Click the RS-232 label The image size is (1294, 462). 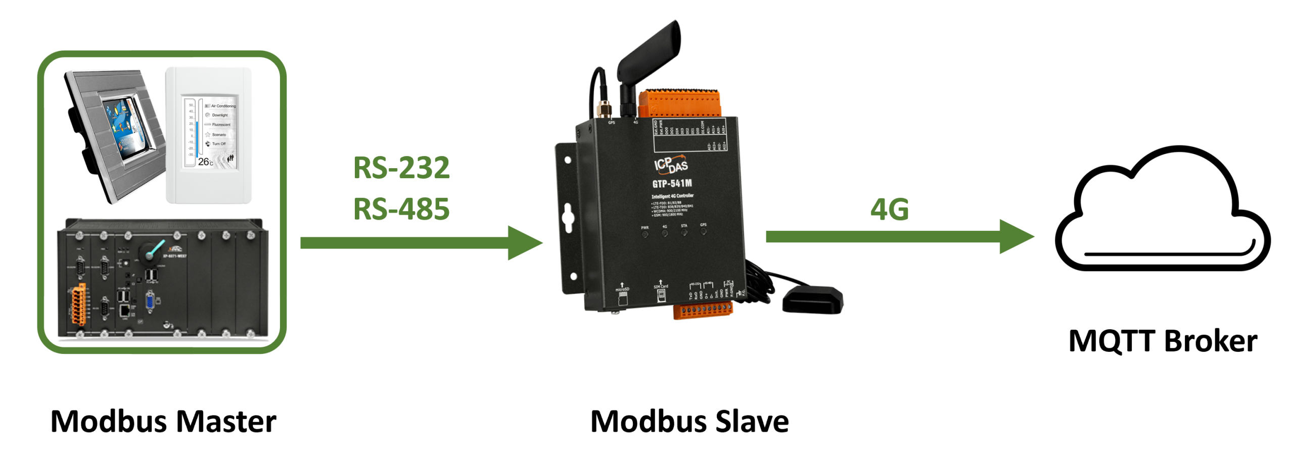point(401,168)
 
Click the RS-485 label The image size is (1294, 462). point(401,209)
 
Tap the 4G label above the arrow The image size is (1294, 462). point(889,209)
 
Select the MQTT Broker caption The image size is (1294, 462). point(1162,341)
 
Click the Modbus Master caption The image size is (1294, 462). point(163,421)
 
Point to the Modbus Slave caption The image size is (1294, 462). point(689,421)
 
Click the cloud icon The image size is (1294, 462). point(1162,212)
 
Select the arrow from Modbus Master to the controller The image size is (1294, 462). point(420,243)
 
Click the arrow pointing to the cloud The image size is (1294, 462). point(900,237)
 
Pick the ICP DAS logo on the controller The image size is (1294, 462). point(671,164)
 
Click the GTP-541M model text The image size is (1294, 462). point(672,183)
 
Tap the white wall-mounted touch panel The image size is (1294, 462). point(209,135)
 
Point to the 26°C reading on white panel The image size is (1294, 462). point(205,162)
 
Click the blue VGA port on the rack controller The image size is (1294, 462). point(150,301)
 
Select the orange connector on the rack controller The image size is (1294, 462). point(78,304)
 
